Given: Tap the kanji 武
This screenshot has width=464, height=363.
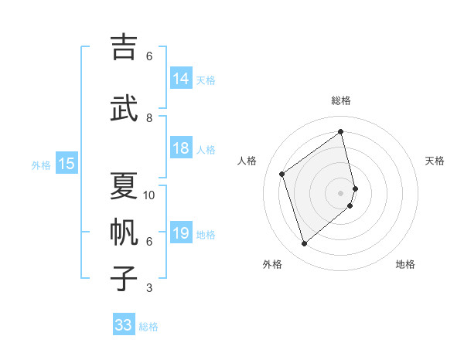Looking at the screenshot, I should click(x=125, y=108).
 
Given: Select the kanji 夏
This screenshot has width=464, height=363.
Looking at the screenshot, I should click(x=125, y=185).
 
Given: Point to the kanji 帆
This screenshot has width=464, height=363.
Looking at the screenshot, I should click(x=125, y=232).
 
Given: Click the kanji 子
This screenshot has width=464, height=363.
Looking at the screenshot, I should click(x=125, y=278).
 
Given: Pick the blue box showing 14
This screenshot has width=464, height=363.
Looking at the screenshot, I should click(x=181, y=79).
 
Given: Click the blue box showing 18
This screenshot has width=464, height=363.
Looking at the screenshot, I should click(x=181, y=148).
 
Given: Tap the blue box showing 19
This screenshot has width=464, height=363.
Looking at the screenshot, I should click(x=181, y=233).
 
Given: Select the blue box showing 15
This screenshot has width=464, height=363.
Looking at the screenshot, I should click(x=67, y=164).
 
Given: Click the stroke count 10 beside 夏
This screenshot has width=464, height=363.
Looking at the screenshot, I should click(x=149, y=195).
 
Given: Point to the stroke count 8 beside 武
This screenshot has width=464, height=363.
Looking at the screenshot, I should click(x=149, y=118).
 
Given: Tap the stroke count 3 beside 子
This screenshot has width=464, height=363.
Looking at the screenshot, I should click(x=149, y=288).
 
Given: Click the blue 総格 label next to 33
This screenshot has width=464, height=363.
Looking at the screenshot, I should click(x=148, y=327).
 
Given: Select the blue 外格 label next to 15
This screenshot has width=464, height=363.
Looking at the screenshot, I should click(x=41, y=165).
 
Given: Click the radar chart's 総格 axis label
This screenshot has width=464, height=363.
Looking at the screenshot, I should click(x=341, y=100).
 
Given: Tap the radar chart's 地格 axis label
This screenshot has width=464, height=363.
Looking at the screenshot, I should click(x=405, y=264).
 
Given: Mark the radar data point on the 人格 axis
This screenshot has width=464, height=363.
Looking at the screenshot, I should click(x=282, y=174).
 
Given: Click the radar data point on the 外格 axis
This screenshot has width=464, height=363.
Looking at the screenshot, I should click(x=304, y=244).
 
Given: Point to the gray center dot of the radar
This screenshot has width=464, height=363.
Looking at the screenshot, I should click(x=341, y=192).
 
